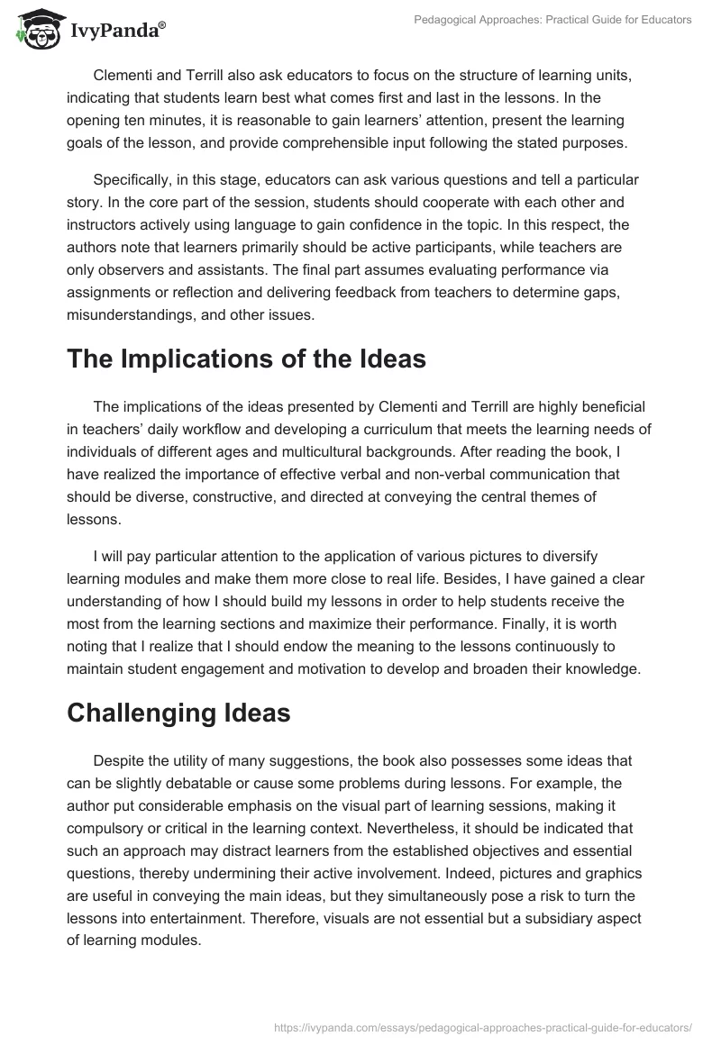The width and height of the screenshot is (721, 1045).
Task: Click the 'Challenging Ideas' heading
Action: pos(178,713)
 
